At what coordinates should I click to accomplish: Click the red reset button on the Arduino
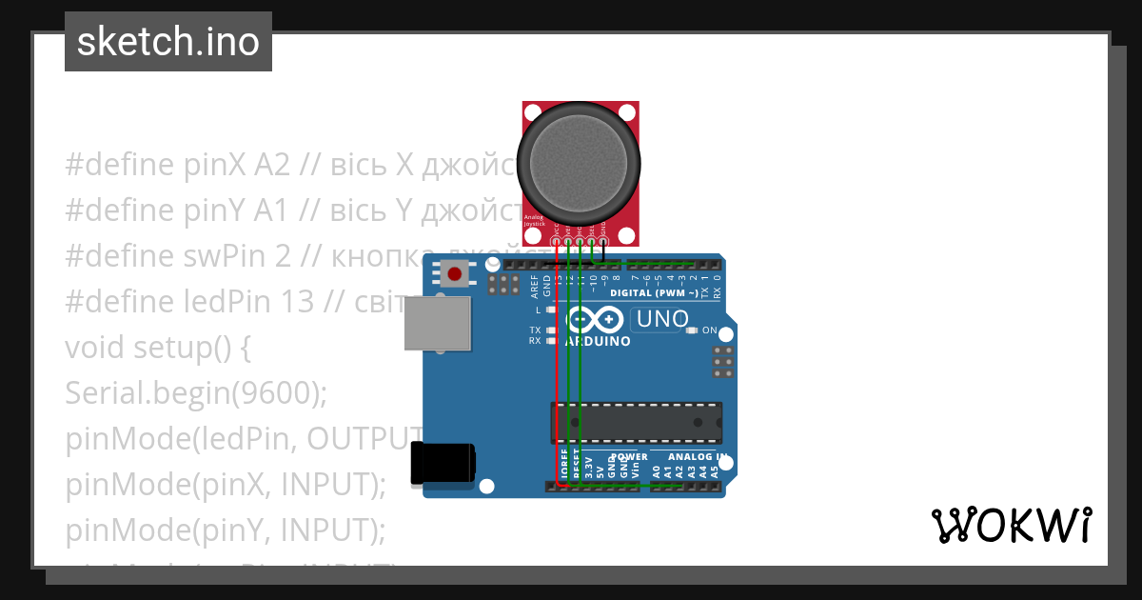[455, 274]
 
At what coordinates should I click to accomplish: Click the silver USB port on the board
[438, 325]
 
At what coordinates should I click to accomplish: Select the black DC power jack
[443, 464]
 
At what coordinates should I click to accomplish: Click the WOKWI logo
[1012, 525]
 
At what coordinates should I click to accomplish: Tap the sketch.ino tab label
[168, 42]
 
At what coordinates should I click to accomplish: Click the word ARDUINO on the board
[598, 341]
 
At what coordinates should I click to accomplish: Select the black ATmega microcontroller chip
[636, 423]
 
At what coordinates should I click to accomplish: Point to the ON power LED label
[709, 330]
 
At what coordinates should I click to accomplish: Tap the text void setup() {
[158, 348]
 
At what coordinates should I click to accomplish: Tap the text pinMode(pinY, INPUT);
[226, 530]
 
